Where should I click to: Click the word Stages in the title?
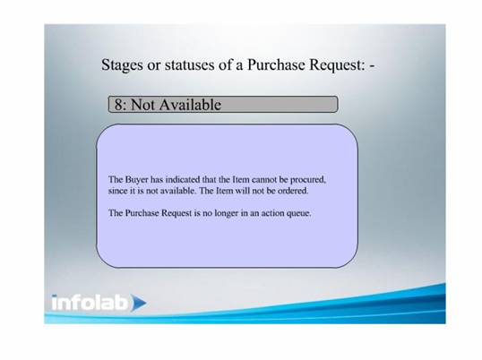point(122,65)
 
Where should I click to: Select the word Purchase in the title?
point(276,64)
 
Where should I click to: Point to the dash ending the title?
point(373,66)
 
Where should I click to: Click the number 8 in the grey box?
point(118,105)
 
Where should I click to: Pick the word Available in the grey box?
point(190,105)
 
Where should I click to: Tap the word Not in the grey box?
point(142,105)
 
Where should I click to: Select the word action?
point(272,213)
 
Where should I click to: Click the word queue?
point(299,214)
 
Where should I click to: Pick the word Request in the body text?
point(176,213)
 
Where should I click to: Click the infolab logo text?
point(90,303)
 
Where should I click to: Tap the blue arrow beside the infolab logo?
point(139,303)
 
